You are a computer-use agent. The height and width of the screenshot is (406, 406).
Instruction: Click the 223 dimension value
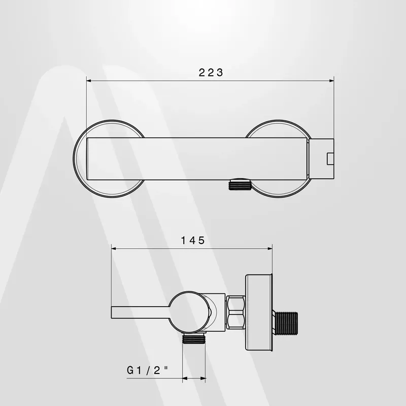click(211, 73)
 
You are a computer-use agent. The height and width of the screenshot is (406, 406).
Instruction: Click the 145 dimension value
click(193, 241)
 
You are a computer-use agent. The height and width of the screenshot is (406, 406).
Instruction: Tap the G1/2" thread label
click(147, 370)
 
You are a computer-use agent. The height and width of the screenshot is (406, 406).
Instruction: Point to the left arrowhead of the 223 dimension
click(89, 81)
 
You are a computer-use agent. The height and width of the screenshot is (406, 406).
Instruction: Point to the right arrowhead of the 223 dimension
click(331, 81)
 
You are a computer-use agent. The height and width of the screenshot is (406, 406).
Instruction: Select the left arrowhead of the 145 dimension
click(114, 249)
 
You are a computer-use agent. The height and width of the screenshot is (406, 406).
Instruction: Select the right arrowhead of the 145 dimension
click(270, 249)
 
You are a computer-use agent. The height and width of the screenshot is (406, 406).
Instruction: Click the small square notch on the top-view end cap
click(330, 159)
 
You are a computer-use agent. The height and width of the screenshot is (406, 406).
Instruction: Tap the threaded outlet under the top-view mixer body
click(240, 184)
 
